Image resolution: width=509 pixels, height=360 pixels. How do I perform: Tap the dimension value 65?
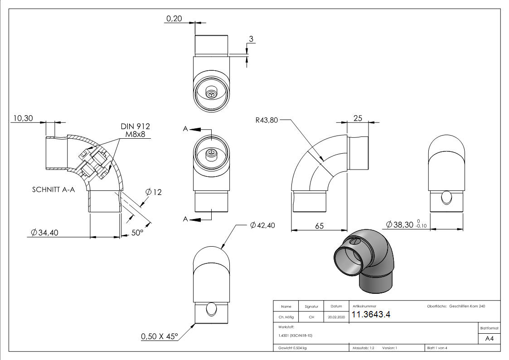(x=319, y=225)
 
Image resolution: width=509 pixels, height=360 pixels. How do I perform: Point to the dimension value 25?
(x=358, y=118)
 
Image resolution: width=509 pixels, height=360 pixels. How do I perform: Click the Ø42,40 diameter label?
(x=262, y=225)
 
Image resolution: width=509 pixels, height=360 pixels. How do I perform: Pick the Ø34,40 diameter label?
(x=45, y=233)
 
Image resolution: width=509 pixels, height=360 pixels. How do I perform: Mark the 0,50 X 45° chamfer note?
(x=160, y=336)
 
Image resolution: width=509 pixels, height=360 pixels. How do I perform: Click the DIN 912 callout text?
(x=135, y=126)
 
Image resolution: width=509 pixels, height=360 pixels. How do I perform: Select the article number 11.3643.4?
(x=371, y=315)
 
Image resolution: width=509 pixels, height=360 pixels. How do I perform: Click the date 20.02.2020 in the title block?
(x=336, y=317)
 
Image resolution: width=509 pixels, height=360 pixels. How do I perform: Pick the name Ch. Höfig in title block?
(x=286, y=317)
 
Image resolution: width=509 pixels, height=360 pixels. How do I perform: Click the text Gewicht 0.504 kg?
(x=292, y=348)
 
